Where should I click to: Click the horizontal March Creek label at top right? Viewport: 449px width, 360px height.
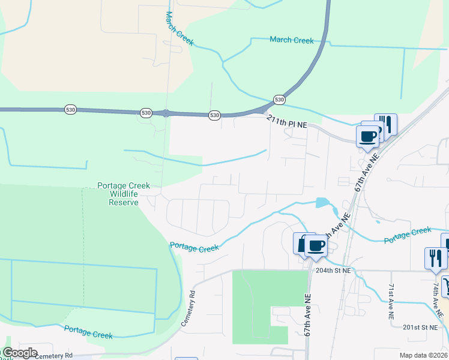(x=292, y=40)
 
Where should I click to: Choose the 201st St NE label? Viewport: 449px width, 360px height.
(x=406, y=327)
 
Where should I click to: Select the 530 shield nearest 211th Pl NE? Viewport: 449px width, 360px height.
(x=279, y=99)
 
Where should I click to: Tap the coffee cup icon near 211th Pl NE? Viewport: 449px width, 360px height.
(x=367, y=136)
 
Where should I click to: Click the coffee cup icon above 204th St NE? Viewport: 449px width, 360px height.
(x=315, y=245)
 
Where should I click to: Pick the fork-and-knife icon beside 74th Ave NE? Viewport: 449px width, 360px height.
(x=435, y=258)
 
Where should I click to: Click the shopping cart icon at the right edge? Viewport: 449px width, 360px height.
(x=446, y=286)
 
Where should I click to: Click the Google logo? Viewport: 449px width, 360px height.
(x=20, y=353)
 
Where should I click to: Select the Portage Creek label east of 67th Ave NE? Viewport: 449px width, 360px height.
(x=408, y=234)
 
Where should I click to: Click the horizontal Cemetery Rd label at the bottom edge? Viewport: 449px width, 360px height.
(x=54, y=356)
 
